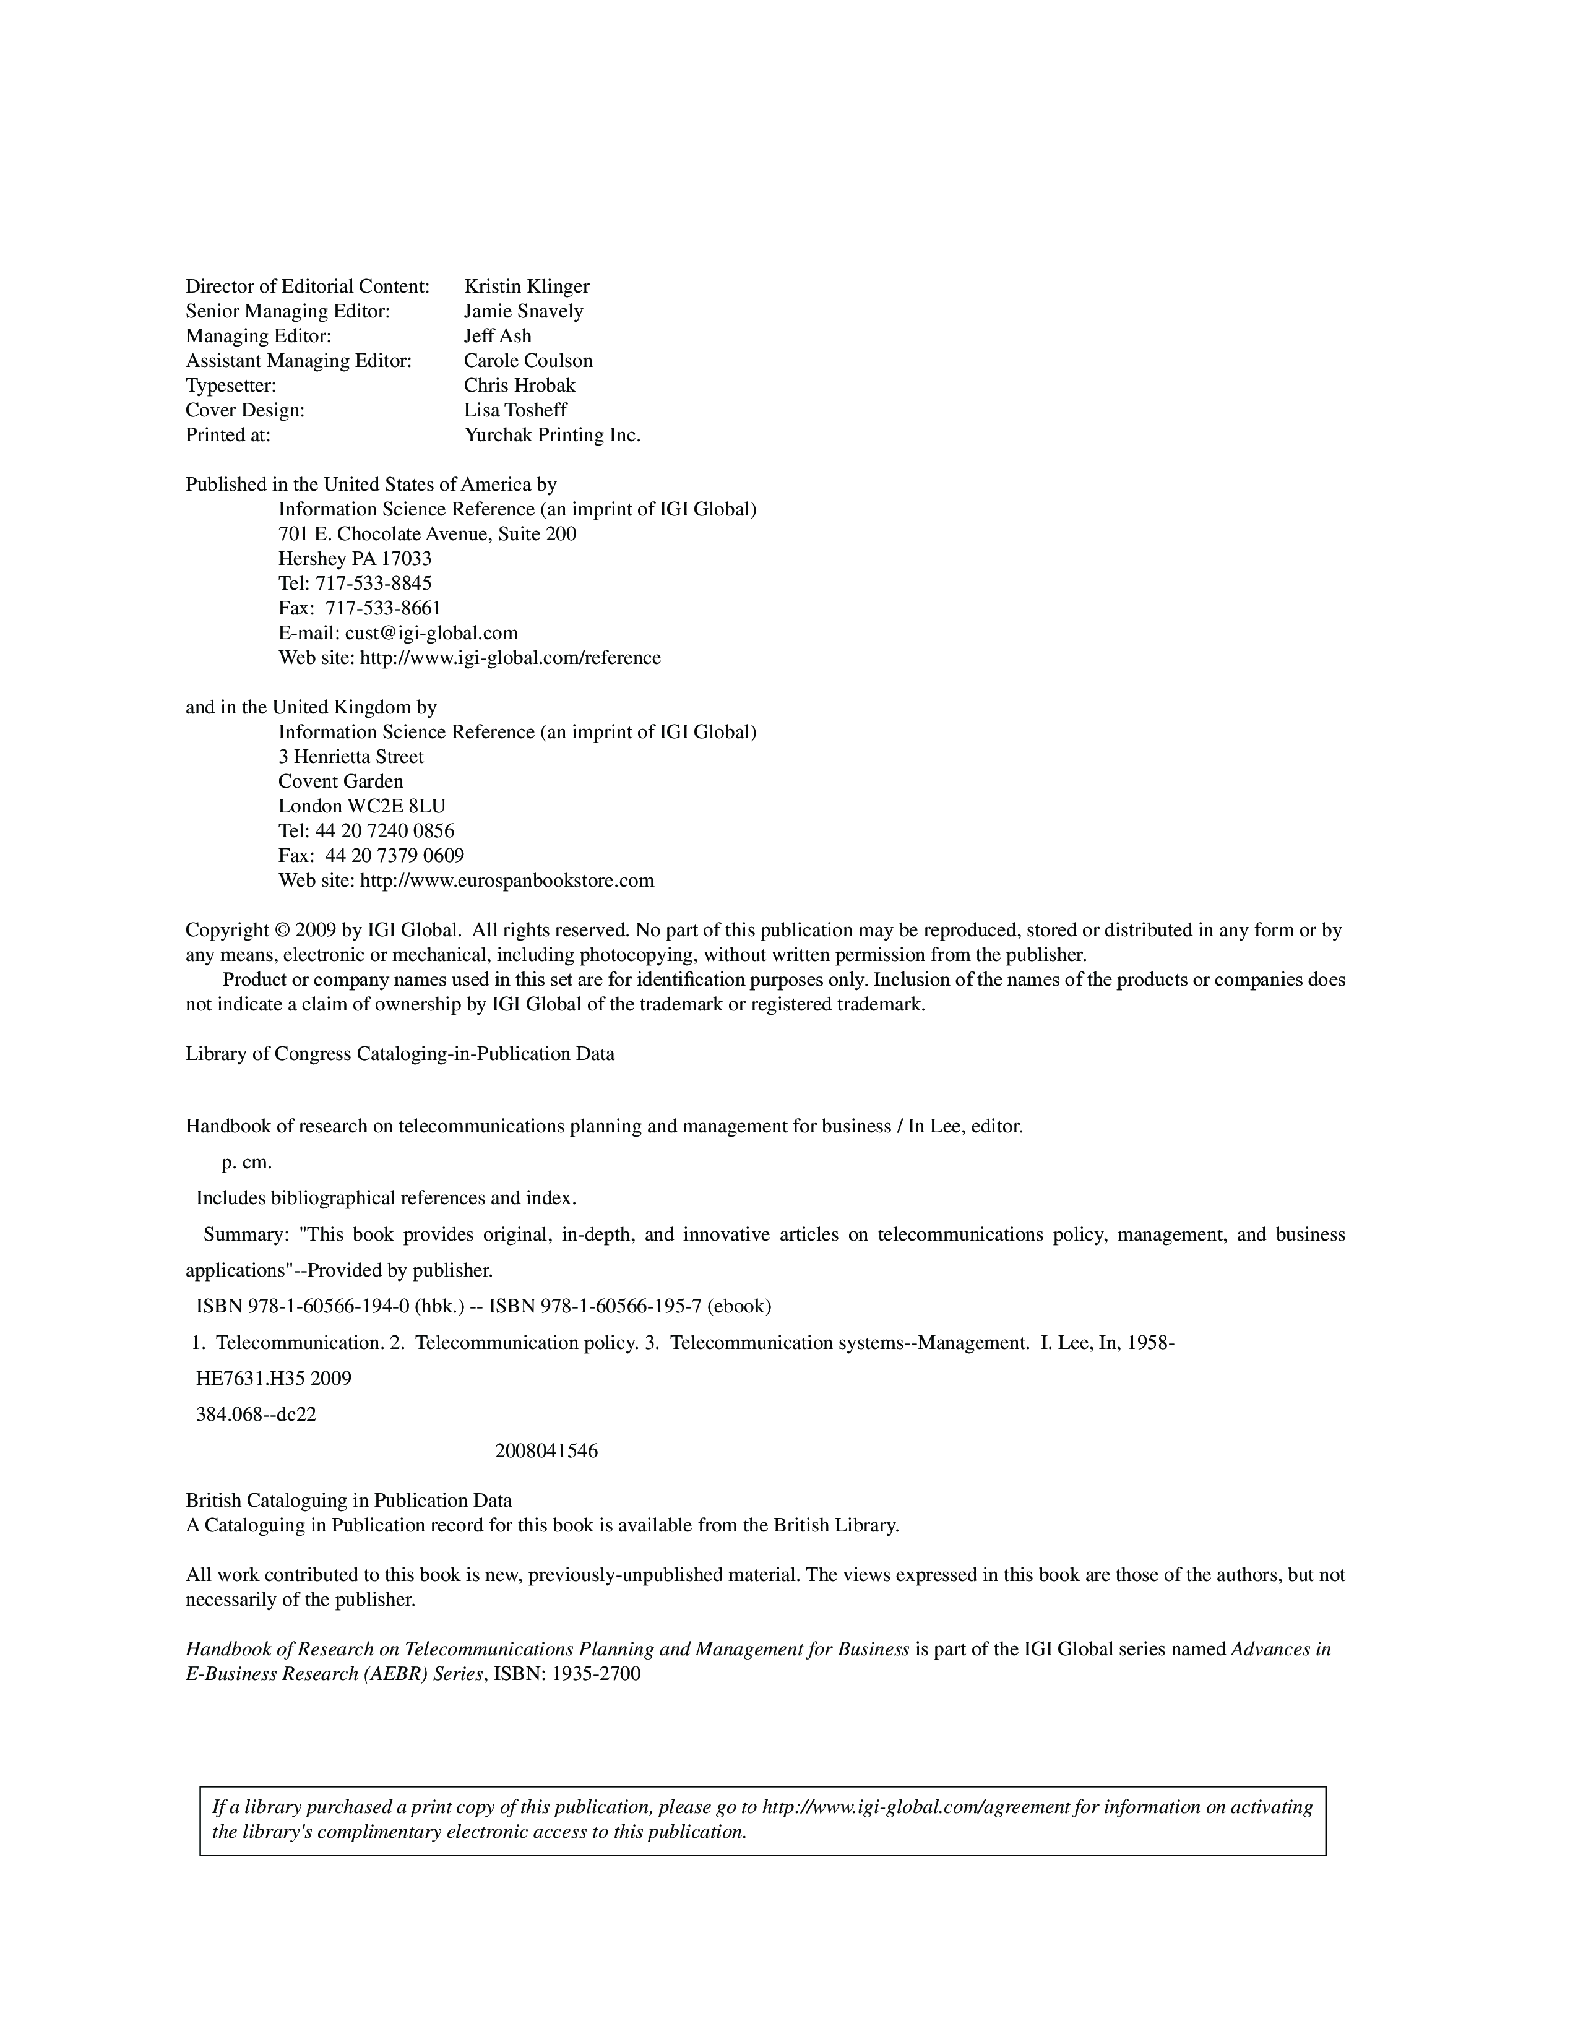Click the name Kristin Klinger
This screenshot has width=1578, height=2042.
point(527,286)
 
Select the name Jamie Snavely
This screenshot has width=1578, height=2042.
point(524,311)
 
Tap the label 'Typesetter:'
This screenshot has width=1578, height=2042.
point(231,386)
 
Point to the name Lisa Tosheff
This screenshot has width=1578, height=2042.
point(515,410)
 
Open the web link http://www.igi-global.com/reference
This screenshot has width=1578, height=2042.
point(511,657)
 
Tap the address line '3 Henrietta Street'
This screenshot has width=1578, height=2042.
point(350,756)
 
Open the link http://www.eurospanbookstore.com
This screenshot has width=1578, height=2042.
point(507,881)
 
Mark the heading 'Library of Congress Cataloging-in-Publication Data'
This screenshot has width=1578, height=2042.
point(400,1054)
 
